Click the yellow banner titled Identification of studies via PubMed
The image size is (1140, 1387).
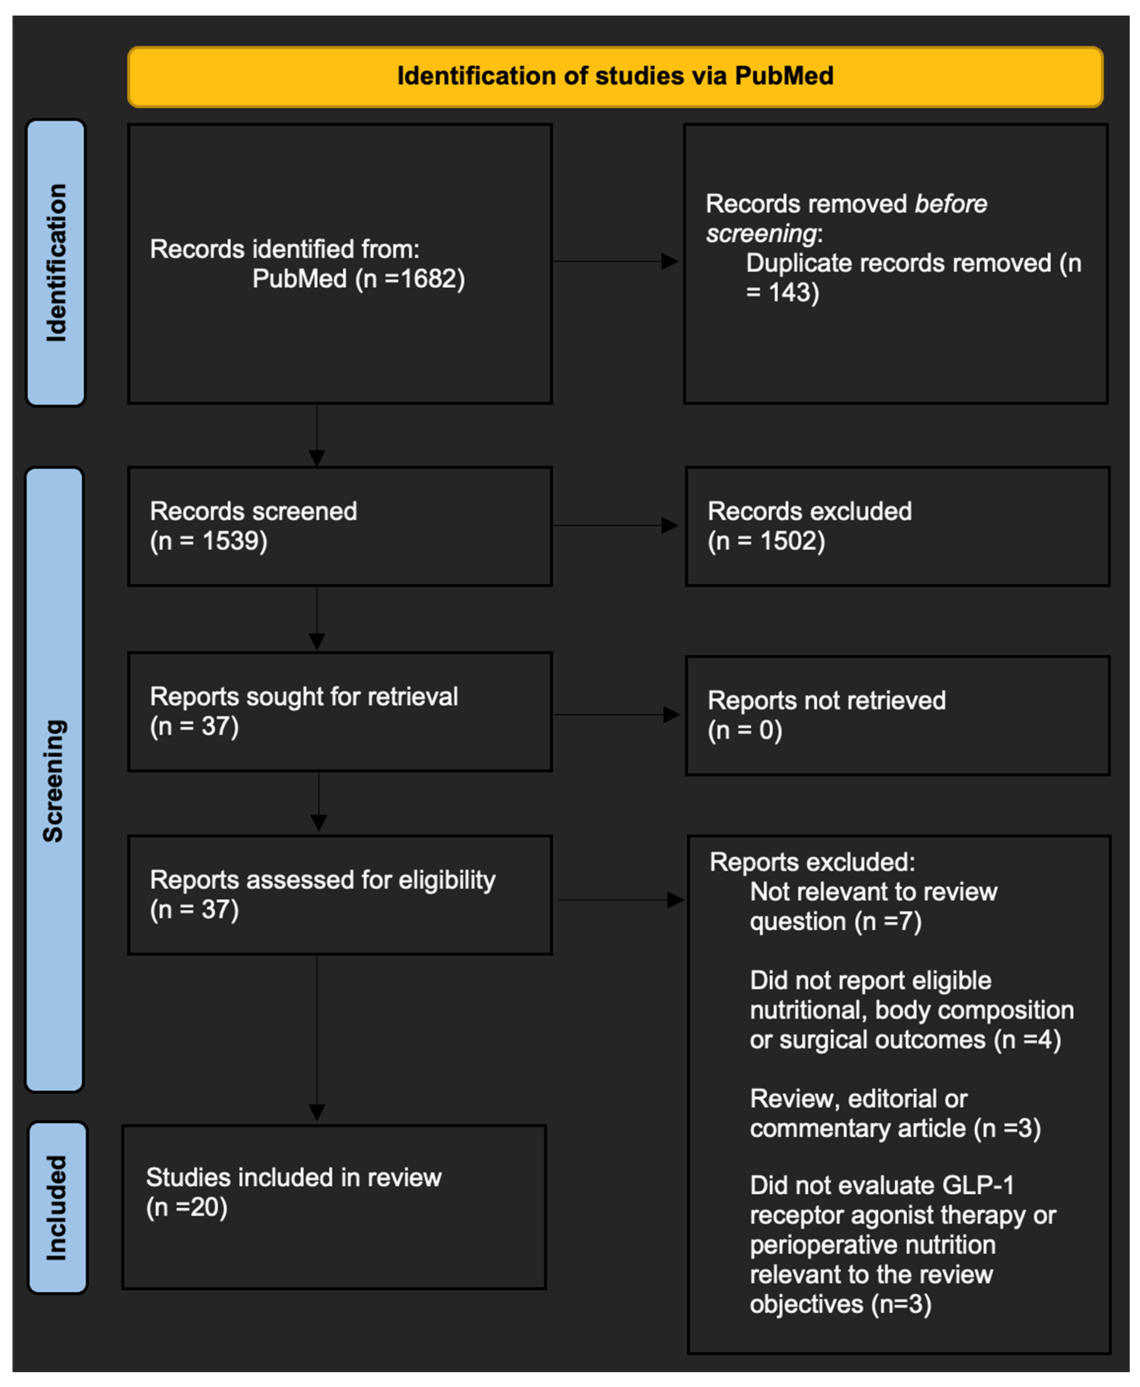coord(615,77)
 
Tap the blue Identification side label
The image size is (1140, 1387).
coord(56,263)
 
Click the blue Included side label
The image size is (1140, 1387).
coord(58,1208)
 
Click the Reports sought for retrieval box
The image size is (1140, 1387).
coord(340,712)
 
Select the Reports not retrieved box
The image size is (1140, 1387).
coord(898,716)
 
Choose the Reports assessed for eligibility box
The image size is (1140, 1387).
coord(340,895)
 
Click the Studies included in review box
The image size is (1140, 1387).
coord(334,1207)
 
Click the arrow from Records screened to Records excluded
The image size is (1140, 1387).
coord(616,525)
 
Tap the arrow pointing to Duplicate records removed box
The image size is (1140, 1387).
coord(615,261)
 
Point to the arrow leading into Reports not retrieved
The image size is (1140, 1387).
coord(617,715)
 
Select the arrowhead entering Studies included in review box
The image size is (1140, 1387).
coord(317,1113)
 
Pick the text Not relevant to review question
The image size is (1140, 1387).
coord(873,907)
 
